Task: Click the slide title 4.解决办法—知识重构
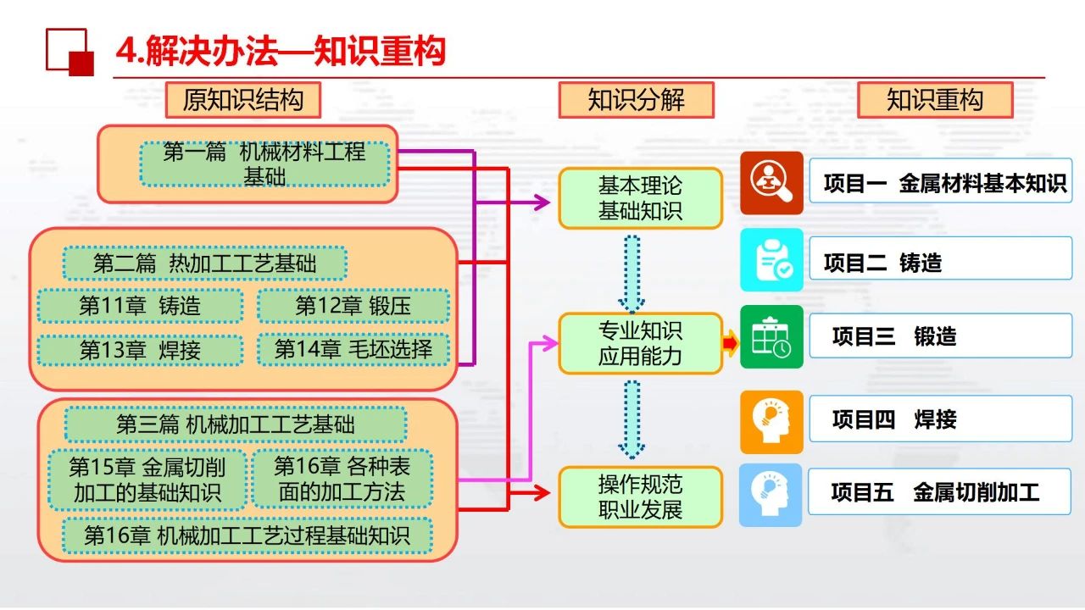click(281, 52)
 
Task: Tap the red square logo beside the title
click(69, 52)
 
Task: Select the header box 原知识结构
click(242, 100)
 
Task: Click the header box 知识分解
click(636, 100)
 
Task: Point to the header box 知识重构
click(935, 100)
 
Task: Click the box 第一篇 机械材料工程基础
click(264, 164)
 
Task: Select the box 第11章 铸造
click(140, 306)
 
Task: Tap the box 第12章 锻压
click(353, 306)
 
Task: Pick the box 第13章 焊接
click(140, 350)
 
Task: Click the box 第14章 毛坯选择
click(353, 349)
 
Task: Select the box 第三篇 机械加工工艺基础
click(236, 424)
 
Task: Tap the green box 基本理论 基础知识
click(640, 198)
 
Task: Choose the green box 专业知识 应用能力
click(640, 343)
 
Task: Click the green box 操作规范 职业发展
click(640, 497)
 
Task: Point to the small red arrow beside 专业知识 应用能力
click(730, 343)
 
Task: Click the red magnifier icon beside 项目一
click(771, 183)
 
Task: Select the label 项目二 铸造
click(940, 263)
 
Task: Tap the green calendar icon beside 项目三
click(771, 337)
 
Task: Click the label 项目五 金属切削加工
click(940, 492)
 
